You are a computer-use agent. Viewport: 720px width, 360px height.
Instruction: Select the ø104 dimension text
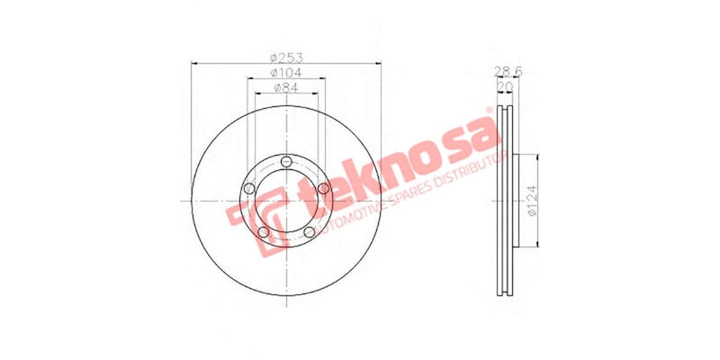click(284, 72)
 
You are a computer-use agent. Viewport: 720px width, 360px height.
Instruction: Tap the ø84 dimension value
click(284, 87)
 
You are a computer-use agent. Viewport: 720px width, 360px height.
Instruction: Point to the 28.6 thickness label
click(506, 70)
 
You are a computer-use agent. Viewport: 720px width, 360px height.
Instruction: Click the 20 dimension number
click(506, 86)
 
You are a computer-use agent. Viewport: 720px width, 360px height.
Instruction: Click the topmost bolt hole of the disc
click(284, 161)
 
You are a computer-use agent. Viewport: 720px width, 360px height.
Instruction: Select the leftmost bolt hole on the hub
click(247, 189)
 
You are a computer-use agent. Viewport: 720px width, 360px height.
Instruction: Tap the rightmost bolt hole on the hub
click(322, 187)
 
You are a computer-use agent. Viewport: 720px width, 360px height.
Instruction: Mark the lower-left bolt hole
click(262, 232)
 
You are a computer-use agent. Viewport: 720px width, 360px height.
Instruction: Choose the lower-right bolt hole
click(308, 232)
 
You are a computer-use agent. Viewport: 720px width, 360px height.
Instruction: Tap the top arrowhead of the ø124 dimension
click(537, 157)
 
